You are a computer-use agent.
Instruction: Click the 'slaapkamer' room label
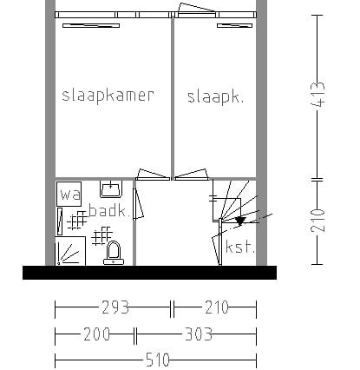[x=108, y=96]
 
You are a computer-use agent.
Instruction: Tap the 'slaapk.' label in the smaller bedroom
[x=215, y=97]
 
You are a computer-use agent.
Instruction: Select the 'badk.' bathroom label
[x=108, y=210]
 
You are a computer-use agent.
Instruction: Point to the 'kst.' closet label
[x=240, y=247]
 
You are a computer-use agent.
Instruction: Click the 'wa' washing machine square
[x=69, y=194]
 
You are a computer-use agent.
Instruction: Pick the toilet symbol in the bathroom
[x=114, y=253]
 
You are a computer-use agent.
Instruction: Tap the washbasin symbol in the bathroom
[x=111, y=189]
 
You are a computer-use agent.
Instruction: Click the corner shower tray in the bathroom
[x=70, y=251]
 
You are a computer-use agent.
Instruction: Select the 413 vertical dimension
[x=317, y=95]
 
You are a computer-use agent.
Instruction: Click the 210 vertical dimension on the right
[x=317, y=221]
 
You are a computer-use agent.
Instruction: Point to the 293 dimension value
[x=115, y=307]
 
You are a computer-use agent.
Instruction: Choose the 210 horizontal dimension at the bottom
[x=217, y=307]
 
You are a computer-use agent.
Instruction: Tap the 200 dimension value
[x=96, y=334]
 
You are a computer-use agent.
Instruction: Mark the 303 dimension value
[x=199, y=334]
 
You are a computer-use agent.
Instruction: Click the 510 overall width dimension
[x=158, y=360]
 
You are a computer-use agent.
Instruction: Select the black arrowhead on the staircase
[x=240, y=221]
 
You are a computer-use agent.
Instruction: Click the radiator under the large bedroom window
[x=91, y=26]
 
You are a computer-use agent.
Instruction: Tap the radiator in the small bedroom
[x=234, y=26]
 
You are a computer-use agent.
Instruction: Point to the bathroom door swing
[x=138, y=203]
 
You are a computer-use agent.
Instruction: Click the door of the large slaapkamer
[x=153, y=175]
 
